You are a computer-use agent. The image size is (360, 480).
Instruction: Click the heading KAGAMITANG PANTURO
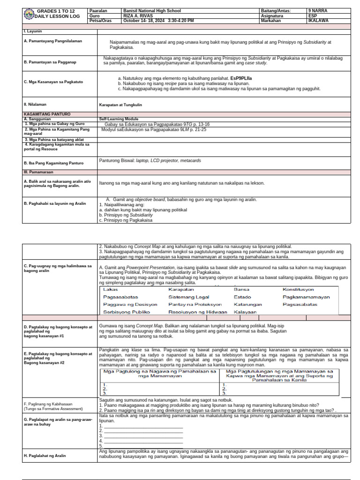(x=47, y=114)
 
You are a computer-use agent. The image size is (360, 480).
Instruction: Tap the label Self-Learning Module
(x=119, y=119)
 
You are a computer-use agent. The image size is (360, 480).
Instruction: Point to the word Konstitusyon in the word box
(x=298, y=290)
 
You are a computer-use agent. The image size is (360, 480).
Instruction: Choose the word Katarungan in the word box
(x=247, y=305)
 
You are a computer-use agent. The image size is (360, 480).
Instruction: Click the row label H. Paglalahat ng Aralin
(x=45, y=456)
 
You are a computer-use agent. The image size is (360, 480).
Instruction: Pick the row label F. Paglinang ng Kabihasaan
(x=48, y=404)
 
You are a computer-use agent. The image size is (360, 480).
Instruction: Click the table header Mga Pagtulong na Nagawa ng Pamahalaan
(x=159, y=374)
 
